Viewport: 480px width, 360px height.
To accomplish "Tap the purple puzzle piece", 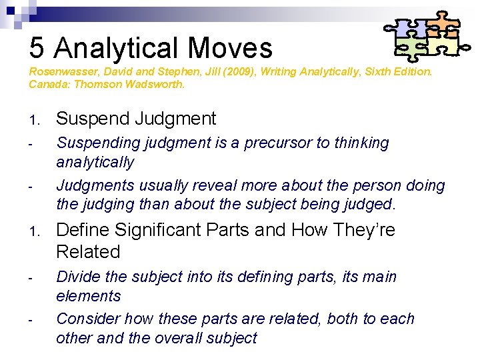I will point(409,27).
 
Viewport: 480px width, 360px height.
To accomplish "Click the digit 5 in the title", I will point(37,48).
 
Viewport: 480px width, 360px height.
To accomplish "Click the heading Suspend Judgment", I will point(136,119).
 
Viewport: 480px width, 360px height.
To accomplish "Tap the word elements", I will point(89,296).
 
